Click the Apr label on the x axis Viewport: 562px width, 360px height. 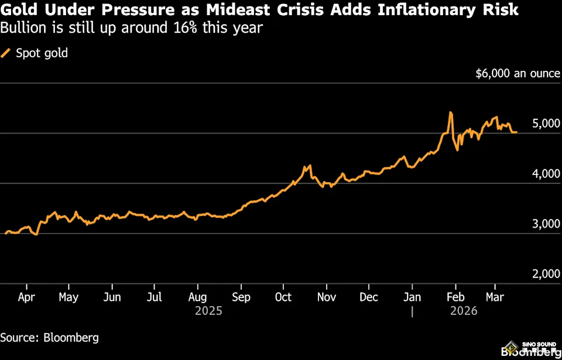coord(26,297)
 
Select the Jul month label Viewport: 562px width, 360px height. coord(155,297)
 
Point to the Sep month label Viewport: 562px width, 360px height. coord(241,297)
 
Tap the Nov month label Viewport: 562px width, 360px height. coord(327,297)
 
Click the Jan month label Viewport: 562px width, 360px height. coord(412,297)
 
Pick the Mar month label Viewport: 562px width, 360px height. coord(495,297)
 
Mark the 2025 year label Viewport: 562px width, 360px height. coord(209,311)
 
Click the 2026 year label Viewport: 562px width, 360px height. coord(464,311)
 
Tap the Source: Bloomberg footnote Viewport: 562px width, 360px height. coord(49,338)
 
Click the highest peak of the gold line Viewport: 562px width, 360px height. coord(450,112)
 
